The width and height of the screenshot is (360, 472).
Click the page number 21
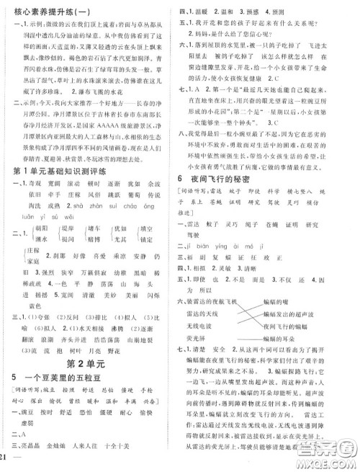click(x=7, y=462)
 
